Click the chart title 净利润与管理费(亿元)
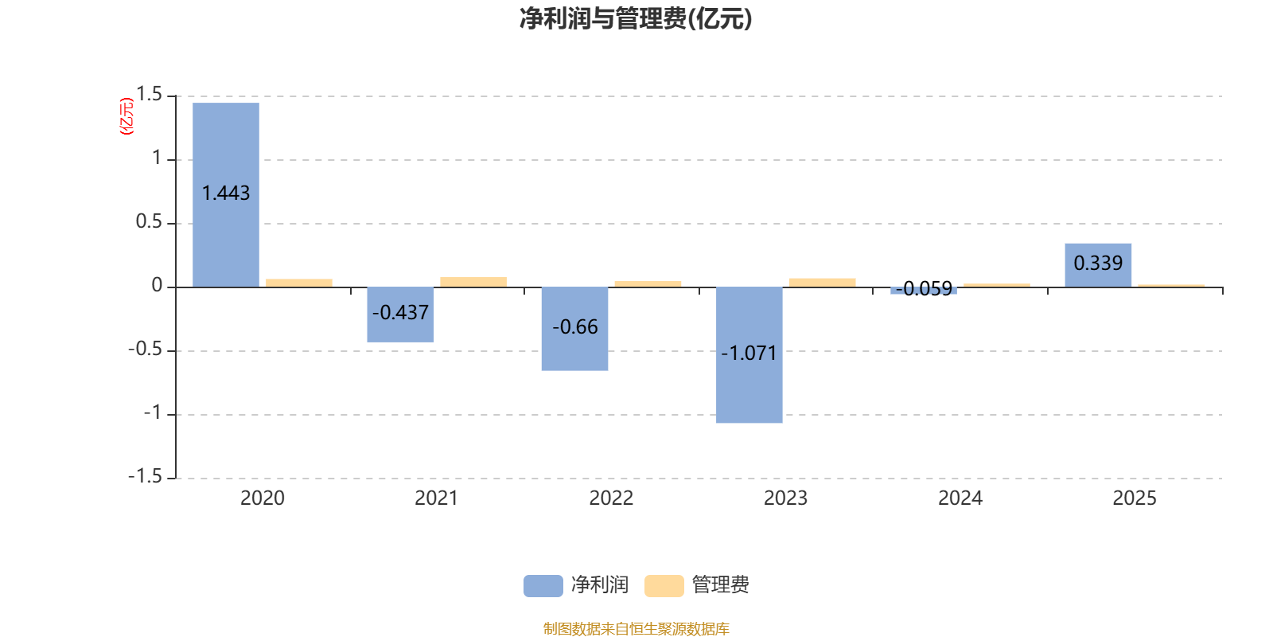pyautogui.click(x=636, y=18)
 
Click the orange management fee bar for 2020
pyautogui.click(x=299, y=283)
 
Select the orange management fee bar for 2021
pyautogui.click(x=473, y=282)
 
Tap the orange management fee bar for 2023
pyautogui.click(x=822, y=282)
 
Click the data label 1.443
pyautogui.click(x=226, y=193)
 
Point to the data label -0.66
pyautogui.click(x=574, y=327)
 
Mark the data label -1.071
pyautogui.click(x=749, y=353)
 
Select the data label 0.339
pyautogui.click(x=1098, y=263)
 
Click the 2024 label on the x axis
pyautogui.click(x=960, y=498)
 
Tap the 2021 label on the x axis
pyautogui.click(x=436, y=498)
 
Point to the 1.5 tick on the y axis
pyautogui.click(x=149, y=95)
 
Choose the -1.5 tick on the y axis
pyautogui.click(x=145, y=476)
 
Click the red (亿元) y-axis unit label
pyautogui.click(x=127, y=116)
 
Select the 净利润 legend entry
pyautogui.click(x=577, y=585)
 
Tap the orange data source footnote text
pyautogui.click(x=636, y=629)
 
